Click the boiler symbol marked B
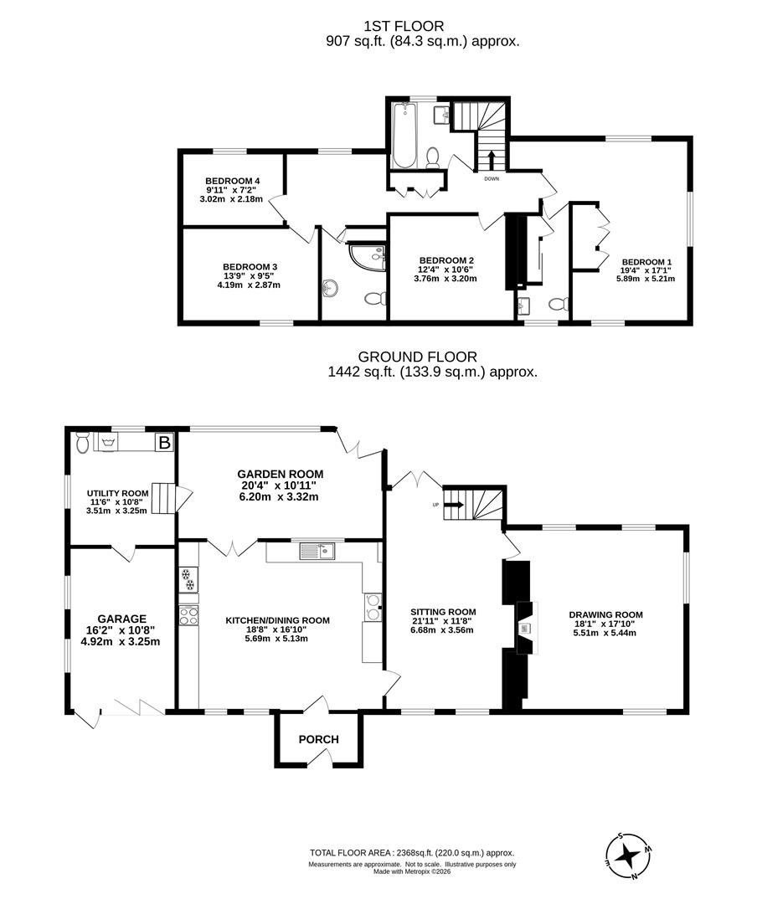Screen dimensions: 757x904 coord(164,443)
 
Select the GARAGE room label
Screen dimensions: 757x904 coord(121,619)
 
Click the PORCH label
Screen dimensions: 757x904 coord(318,739)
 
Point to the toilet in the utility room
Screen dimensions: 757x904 coord(82,442)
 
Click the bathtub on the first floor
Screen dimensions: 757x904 coord(403,135)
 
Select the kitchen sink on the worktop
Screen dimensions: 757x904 coord(317,551)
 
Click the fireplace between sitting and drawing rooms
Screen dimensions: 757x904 coord(526,628)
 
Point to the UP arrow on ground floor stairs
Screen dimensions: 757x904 coord(454,505)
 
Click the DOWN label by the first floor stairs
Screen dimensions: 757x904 coord(492,179)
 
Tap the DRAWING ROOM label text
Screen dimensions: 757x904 coord(605,614)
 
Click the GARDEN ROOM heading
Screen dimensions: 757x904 coord(281,474)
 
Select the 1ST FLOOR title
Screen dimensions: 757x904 coord(404,26)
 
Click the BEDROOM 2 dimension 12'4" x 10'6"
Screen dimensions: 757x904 coord(446,270)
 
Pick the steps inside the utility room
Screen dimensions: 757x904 coord(164,497)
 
